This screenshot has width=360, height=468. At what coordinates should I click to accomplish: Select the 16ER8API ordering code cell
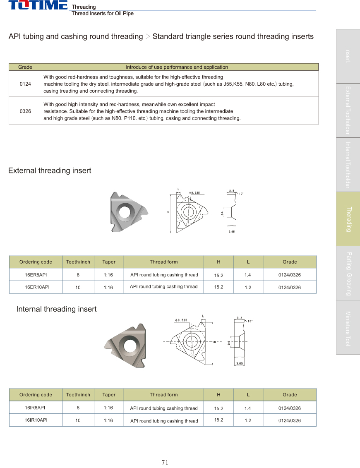(36, 275)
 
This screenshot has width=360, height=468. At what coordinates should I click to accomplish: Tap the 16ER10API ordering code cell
(36, 287)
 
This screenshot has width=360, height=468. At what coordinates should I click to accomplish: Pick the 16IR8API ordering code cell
(36, 408)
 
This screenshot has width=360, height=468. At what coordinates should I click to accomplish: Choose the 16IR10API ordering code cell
(36, 420)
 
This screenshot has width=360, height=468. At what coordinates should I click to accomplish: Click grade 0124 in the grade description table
(25, 84)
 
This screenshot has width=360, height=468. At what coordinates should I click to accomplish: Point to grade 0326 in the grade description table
(25, 111)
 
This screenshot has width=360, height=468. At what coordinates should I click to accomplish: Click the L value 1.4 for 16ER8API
(247, 275)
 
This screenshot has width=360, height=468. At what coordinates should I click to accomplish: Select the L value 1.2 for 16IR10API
(247, 420)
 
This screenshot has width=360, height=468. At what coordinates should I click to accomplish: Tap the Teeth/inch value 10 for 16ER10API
(78, 287)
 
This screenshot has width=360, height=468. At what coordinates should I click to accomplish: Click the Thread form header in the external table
(163, 262)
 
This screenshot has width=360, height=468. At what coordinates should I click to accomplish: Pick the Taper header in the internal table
(109, 395)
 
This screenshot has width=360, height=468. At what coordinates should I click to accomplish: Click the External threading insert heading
(50, 170)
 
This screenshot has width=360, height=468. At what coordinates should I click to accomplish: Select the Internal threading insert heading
(56, 309)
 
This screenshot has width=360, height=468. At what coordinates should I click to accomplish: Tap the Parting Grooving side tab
(348, 274)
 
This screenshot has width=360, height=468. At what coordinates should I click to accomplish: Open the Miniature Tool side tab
(348, 328)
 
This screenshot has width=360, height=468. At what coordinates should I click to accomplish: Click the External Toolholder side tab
(348, 110)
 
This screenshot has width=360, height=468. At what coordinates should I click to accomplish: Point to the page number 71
(165, 462)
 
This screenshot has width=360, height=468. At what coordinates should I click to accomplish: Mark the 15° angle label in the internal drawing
(250, 321)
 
